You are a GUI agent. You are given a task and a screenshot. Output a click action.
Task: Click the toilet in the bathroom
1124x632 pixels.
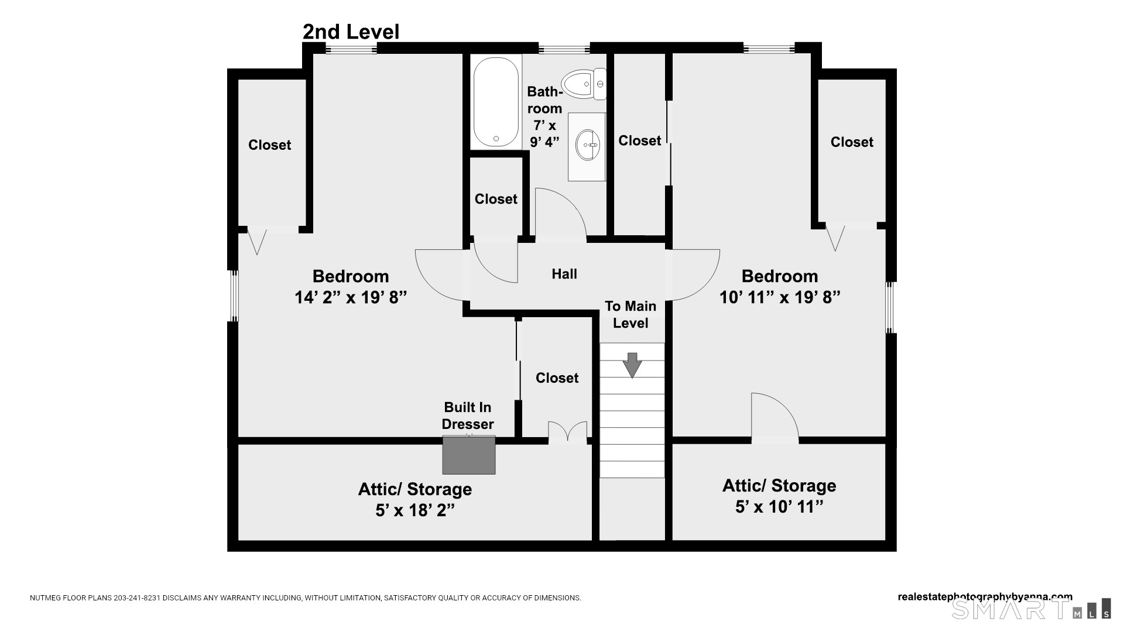[584, 84]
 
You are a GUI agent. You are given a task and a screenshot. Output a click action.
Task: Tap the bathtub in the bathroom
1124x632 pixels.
[495, 102]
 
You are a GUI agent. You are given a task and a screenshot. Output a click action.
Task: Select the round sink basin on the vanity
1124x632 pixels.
[588, 145]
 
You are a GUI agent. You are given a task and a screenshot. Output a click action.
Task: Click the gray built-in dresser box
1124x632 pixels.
[468, 455]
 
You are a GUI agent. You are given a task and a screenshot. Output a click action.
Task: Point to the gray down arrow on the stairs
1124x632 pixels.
[632, 365]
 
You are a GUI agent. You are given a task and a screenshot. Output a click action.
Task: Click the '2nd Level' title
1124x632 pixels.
[351, 32]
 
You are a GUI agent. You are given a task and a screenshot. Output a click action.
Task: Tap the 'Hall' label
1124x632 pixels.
[564, 274]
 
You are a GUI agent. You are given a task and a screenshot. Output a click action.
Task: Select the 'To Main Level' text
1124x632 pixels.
[630, 314]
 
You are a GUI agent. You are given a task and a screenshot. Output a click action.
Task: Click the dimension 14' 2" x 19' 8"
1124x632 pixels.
[351, 297]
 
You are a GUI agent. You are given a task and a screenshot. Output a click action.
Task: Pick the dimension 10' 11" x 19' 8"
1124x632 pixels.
[780, 297]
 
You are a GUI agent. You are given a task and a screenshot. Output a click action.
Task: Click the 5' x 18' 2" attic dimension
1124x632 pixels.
[415, 510]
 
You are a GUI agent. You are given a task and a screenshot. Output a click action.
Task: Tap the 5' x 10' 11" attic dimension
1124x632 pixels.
[779, 507]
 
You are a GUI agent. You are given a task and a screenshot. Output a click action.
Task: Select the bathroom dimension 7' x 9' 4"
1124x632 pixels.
[544, 133]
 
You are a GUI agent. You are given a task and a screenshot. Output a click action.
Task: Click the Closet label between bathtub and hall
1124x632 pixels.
[496, 199]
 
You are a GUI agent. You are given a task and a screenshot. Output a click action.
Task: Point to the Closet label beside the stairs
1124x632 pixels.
[557, 378]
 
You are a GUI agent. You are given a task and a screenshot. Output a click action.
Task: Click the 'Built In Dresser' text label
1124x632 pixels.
[468, 415]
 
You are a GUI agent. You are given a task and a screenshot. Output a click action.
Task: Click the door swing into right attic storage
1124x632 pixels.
[774, 417]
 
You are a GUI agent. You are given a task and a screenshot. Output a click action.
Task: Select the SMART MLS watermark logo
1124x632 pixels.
[1030, 609]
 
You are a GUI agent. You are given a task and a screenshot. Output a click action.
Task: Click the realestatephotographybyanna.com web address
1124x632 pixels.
[985, 597]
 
